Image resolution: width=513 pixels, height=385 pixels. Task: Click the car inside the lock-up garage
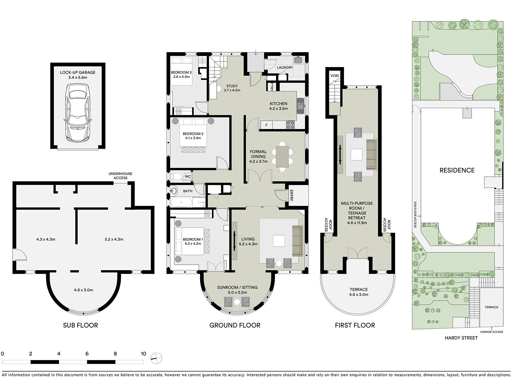click(x=78, y=113)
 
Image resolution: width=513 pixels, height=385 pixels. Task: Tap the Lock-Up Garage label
click(x=78, y=75)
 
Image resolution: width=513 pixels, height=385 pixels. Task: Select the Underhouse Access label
click(x=120, y=175)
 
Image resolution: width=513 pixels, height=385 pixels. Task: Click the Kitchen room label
click(x=278, y=106)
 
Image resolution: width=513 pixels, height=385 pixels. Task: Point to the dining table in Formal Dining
click(x=282, y=156)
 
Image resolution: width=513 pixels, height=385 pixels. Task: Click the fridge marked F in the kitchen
click(x=266, y=125)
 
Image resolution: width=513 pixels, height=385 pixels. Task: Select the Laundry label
click(x=285, y=68)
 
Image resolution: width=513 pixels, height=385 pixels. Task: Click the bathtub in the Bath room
click(x=181, y=202)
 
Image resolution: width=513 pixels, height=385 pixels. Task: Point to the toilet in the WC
click(x=175, y=176)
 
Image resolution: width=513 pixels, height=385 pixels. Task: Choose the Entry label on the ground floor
click(x=291, y=195)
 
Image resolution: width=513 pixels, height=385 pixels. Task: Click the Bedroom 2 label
click(x=193, y=136)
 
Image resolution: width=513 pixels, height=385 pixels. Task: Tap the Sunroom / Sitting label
click(x=237, y=290)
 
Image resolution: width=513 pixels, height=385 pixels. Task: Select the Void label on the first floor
click(x=334, y=76)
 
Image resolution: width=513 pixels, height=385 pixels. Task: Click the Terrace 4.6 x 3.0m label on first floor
click(x=359, y=292)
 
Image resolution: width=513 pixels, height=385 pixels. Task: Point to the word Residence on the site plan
click(x=457, y=170)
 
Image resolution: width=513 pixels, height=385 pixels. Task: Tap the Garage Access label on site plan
click(x=492, y=332)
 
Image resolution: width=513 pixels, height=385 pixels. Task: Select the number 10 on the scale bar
click(x=143, y=354)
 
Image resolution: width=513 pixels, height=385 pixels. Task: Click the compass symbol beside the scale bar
click(x=156, y=358)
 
